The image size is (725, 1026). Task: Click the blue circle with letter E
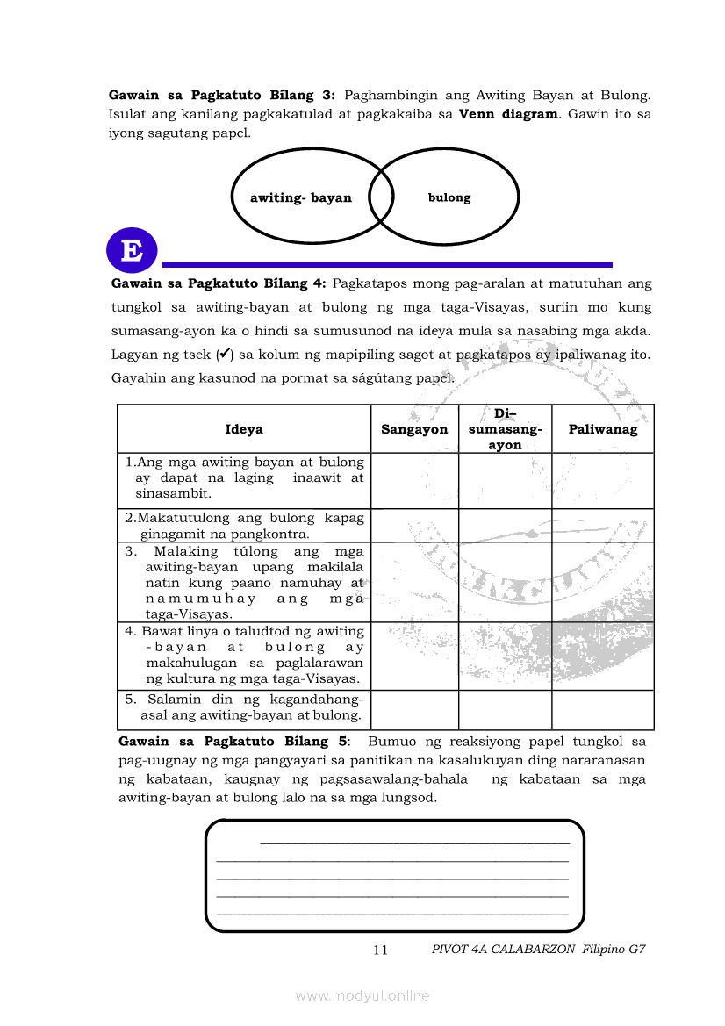tap(132, 251)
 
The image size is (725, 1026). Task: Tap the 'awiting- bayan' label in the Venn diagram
tap(300, 198)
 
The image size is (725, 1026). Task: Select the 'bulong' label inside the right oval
tap(449, 198)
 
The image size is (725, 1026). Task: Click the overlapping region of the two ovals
tap(381, 197)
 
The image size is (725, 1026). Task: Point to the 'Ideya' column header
tap(244, 429)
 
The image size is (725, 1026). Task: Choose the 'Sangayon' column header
tap(414, 429)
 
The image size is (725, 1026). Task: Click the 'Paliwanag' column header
tap(603, 429)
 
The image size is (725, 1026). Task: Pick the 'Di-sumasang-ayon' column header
tap(505, 429)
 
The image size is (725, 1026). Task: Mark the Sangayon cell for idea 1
tap(414, 480)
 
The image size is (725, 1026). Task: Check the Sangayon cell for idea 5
tap(414, 709)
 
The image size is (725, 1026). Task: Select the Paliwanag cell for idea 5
tap(603, 709)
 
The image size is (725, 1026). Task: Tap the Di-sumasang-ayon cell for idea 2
tap(505, 525)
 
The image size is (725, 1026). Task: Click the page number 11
tap(380, 950)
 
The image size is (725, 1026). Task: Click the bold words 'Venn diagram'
tap(508, 114)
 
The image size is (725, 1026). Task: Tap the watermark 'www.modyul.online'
tap(362, 995)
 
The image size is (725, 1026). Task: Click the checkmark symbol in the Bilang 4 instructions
tap(225, 355)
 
